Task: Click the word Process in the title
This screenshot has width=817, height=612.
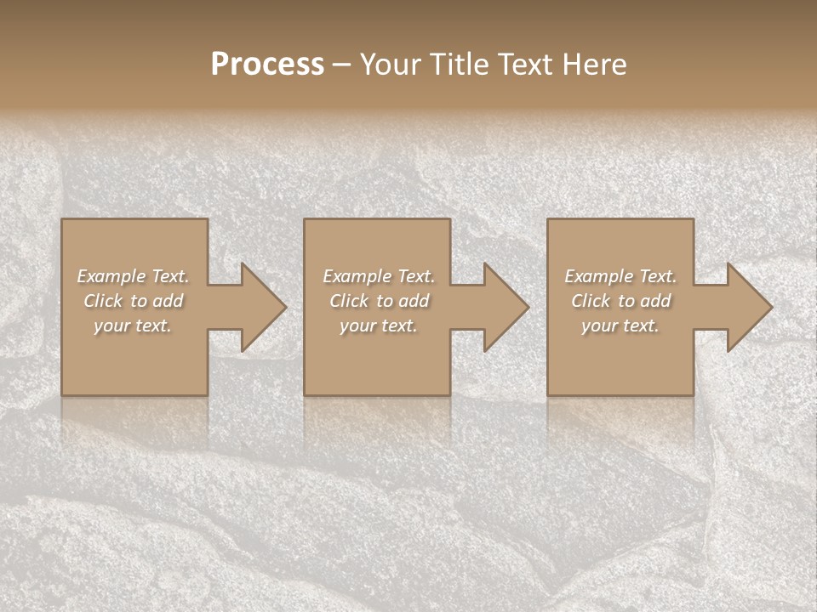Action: pos(267,65)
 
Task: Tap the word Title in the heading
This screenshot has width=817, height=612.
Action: pos(458,65)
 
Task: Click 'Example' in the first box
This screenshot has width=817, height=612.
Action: pos(111,276)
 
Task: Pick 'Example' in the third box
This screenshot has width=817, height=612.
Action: pos(598,276)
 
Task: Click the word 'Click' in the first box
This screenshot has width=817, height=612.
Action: pos(103,301)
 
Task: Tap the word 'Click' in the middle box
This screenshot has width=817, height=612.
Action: pos(349,301)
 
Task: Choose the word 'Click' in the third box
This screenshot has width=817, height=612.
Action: pos(591,301)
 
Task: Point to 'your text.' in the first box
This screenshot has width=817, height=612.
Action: pos(133,326)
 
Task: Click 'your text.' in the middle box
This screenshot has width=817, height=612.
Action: pos(379,326)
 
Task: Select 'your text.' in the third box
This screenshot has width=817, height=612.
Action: pos(620,326)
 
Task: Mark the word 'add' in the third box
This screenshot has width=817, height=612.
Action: pos(655,301)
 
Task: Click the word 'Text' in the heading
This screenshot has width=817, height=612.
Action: pos(521,65)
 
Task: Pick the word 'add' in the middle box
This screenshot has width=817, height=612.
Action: pos(414,301)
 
